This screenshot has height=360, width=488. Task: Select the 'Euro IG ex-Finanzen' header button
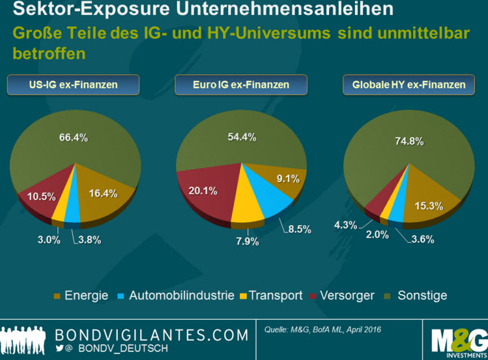point(241,85)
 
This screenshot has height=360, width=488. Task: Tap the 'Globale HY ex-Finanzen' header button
point(409,85)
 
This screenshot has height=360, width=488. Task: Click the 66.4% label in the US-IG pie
point(73,137)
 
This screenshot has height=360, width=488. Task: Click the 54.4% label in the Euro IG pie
point(241,137)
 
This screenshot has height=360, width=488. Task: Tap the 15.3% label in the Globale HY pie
point(429,206)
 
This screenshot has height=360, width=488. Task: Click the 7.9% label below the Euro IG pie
point(248,242)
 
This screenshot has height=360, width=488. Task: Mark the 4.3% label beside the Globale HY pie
point(345,225)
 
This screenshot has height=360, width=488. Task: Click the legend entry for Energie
point(81,296)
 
